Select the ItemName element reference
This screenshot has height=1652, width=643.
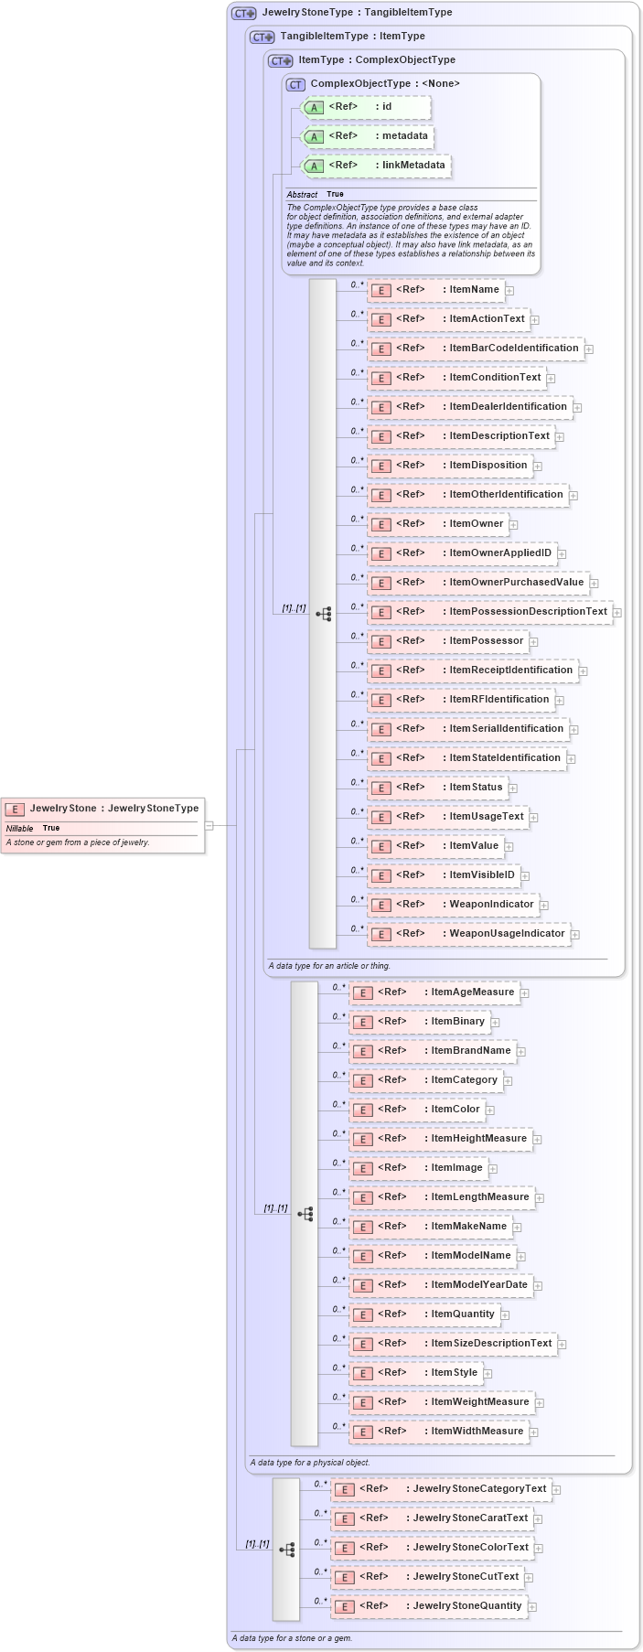point(435,290)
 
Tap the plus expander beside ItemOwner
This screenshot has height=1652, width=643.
point(514,525)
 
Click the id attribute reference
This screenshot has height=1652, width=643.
point(366,107)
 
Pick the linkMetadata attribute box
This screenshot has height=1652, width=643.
point(376,166)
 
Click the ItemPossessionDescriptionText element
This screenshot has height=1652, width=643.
point(489,612)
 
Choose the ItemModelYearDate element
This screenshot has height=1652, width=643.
point(440,1285)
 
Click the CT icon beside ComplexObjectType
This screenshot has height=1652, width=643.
point(295,84)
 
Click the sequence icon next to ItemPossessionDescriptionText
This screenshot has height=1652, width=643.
point(323,614)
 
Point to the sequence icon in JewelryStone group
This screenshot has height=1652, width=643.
point(286,1550)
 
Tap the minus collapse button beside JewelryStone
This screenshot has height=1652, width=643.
point(209,825)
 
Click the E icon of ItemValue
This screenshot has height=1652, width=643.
point(380,847)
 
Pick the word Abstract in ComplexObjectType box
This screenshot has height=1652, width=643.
point(302,195)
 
